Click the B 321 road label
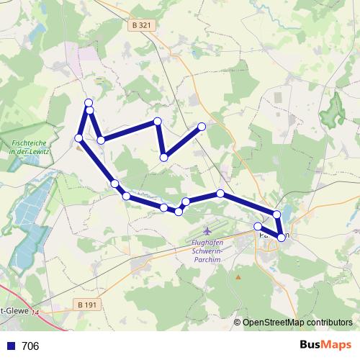click(141, 25)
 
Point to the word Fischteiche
click(30, 144)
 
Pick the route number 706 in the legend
click(30, 346)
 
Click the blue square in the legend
click(10, 346)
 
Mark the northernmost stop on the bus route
click(89, 103)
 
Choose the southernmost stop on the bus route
click(281, 237)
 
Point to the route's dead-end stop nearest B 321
click(202, 127)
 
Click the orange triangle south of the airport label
click(238, 276)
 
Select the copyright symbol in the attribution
click(238, 323)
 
